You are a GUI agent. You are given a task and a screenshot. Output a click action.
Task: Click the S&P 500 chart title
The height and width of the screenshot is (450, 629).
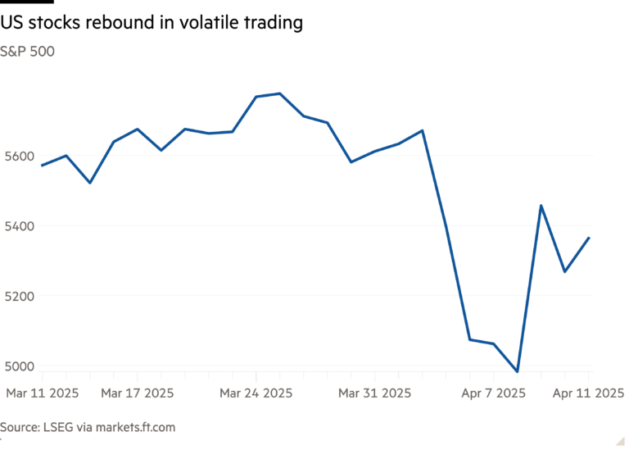tap(28, 52)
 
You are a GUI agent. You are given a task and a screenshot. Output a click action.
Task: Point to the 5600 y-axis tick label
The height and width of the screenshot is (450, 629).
tap(20, 156)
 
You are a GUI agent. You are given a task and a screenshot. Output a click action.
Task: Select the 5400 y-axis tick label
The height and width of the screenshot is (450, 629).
tap(20, 225)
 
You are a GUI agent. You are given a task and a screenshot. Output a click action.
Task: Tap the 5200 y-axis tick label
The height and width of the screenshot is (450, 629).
tap(20, 295)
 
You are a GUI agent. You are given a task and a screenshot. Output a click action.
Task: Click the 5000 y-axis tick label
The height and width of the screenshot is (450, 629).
tap(20, 366)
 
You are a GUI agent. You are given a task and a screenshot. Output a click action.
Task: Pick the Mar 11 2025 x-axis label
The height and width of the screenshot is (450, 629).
tap(43, 393)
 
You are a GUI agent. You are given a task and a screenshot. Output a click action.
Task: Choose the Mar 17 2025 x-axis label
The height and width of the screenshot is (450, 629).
tap(137, 393)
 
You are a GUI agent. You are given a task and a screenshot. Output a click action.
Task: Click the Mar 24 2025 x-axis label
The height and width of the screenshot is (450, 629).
tap(256, 393)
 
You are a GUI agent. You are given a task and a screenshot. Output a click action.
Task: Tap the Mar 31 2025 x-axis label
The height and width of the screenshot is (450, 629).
tap(374, 393)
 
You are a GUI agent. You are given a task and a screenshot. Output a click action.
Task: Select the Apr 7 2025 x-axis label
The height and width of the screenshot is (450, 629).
tap(493, 393)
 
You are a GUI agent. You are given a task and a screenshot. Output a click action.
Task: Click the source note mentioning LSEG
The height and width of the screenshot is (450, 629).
tap(88, 427)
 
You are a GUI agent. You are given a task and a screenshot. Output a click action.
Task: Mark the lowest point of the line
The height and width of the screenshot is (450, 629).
tap(518, 370)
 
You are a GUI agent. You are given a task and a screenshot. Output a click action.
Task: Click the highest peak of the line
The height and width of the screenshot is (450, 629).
tap(280, 93)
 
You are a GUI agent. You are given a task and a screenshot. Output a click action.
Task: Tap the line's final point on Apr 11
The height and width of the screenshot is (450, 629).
tap(590, 238)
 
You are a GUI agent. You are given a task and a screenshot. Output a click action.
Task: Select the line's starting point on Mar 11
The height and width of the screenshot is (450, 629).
tap(42, 166)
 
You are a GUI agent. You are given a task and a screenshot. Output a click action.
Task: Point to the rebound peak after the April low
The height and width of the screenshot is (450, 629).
tap(541, 205)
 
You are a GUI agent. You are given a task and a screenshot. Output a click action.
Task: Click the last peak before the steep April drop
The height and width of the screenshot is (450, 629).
tap(423, 130)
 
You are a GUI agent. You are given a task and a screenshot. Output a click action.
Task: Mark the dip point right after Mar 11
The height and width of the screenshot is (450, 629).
tap(89, 182)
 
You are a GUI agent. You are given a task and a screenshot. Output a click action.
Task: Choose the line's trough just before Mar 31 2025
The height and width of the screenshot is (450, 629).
tap(351, 161)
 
